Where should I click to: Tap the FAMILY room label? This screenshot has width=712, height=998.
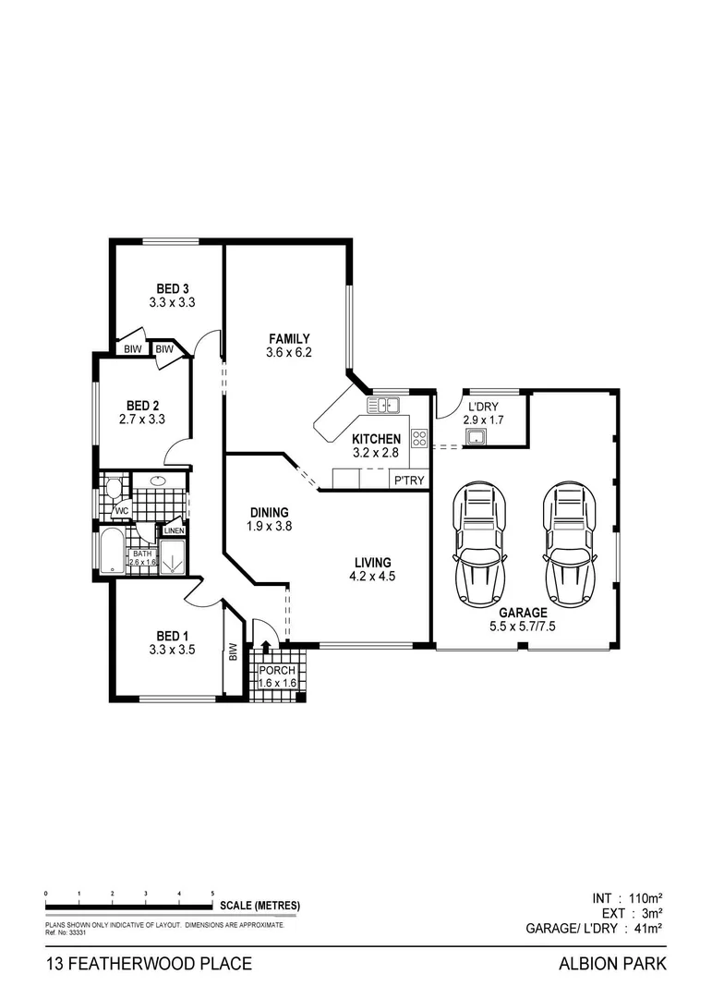pos(289,338)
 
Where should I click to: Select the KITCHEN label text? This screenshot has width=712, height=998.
pos(377,439)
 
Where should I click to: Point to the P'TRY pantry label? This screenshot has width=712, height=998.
pos(408,481)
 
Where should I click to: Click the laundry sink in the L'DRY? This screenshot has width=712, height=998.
pos(477,436)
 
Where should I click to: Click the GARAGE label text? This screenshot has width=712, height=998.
pos(523,612)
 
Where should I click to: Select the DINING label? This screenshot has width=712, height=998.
pos(270,513)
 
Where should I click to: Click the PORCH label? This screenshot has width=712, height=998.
pos(276,671)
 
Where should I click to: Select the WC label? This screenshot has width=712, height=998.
pos(120,510)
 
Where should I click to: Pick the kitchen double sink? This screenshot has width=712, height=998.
pos(383,404)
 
